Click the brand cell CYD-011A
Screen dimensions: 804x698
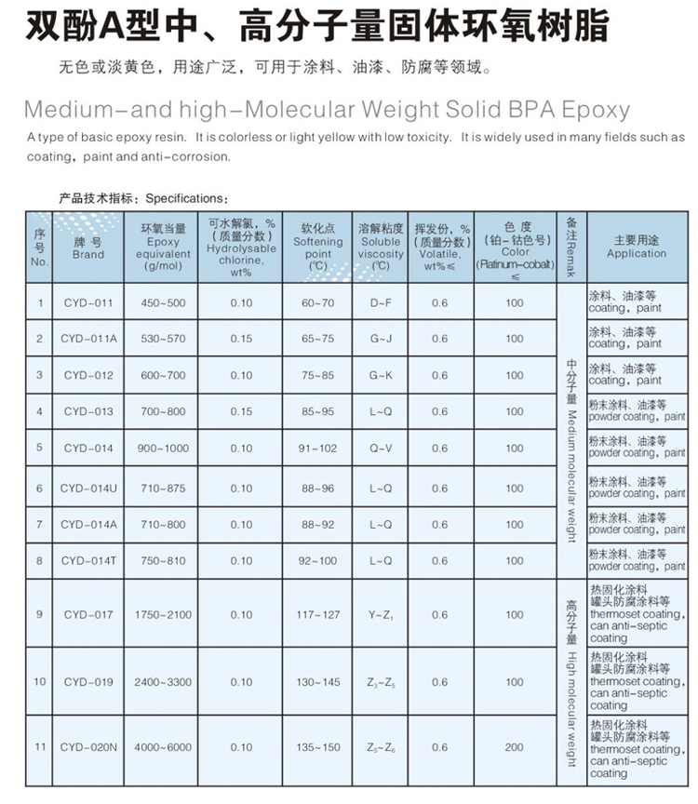(x=88, y=339)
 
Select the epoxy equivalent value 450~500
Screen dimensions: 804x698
(x=163, y=302)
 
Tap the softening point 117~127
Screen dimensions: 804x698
(x=317, y=614)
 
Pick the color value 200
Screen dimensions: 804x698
(x=515, y=747)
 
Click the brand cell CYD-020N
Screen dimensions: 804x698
(x=88, y=747)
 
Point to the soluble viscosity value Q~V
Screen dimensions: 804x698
(x=380, y=449)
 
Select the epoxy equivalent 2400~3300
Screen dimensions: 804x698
(x=163, y=682)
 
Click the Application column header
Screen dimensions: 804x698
(x=637, y=246)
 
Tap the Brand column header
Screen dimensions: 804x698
(x=88, y=247)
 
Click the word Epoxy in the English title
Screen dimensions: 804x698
(x=595, y=110)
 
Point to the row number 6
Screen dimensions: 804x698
(x=40, y=488)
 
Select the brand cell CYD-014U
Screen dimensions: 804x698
(x=88, y=488)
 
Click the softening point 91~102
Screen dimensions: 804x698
(x=317, y=449)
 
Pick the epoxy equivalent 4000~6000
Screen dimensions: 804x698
(x=163, y=747)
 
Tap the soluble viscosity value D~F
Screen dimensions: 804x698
(x=380, y=302)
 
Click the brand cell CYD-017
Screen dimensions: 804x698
(x=88, y=614)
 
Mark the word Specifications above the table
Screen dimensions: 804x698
(x=185, y=198)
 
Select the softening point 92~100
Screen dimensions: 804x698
(x=317, y=561)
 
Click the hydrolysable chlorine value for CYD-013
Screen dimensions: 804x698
(x=241, y=411)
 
